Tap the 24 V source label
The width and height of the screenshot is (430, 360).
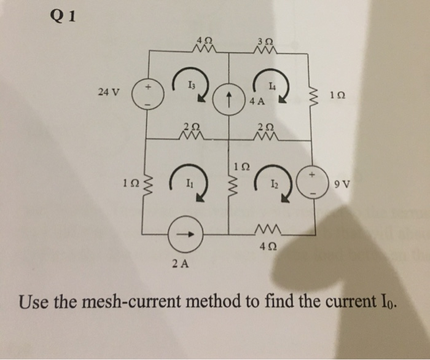[x=109, y=93]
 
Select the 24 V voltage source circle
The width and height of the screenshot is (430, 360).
[x=147, y=94]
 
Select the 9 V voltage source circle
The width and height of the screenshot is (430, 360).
[x=317, y=182]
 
